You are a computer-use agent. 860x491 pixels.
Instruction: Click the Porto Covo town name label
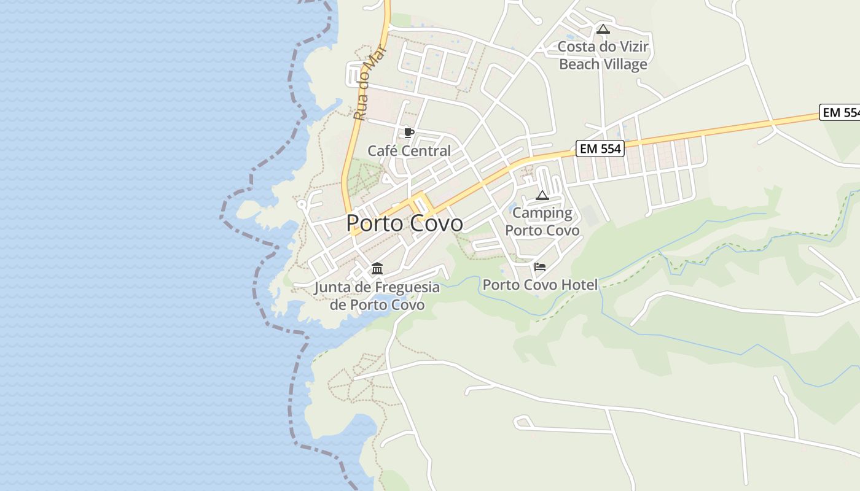tap(404, 223)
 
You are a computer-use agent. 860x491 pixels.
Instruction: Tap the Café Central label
tap(409, 151)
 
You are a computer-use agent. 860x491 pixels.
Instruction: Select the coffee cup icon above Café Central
tap(409, 133)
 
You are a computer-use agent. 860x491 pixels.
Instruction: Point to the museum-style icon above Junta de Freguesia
tap(377, 269)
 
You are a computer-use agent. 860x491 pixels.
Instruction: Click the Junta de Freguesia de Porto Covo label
tap(377, 296)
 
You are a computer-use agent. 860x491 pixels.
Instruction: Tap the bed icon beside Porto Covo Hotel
tap(540, 266)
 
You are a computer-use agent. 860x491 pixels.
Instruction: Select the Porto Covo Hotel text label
tap(540, 285)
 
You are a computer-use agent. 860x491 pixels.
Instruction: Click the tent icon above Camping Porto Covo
tap(542, 196)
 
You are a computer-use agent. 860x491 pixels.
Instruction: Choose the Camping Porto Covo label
tap(542, 222)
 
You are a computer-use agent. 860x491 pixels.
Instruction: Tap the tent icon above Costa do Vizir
tap(603, 29)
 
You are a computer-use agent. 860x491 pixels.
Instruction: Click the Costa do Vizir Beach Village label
tap(603, 55)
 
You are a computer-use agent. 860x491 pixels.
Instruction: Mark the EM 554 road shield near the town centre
tap(600, 149)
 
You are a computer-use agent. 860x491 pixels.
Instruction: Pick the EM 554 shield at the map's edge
tap(840, 113)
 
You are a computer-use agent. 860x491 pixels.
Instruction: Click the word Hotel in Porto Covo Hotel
tap(579, 285)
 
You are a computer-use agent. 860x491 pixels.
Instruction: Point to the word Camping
tap(542, 213)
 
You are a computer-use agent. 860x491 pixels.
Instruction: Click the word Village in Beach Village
tap(625, 64)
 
